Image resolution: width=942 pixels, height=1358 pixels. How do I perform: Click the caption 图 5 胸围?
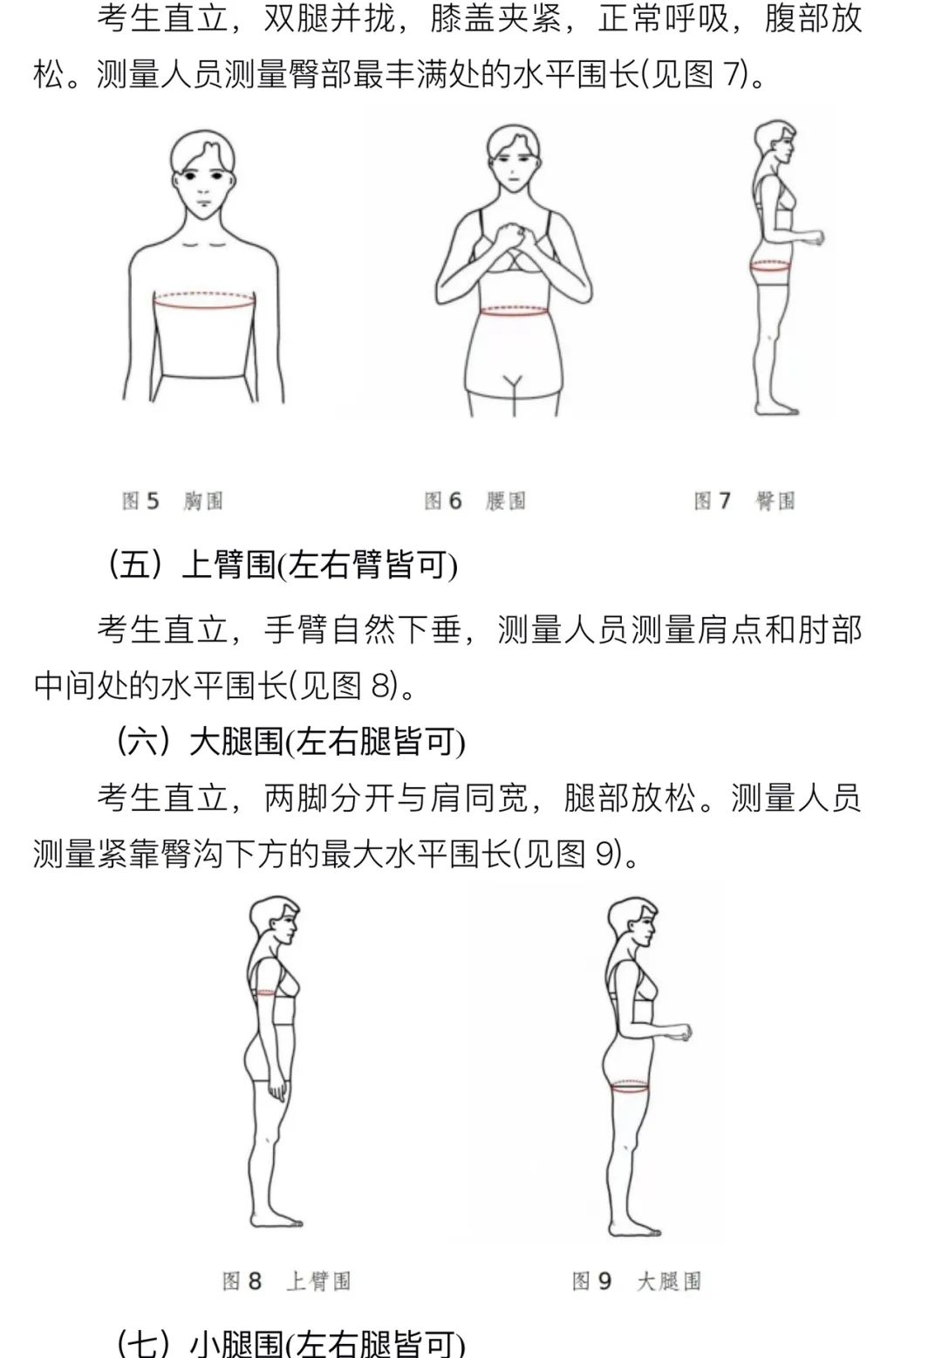[173, 501]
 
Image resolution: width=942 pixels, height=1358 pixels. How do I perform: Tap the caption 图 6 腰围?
[475, 501]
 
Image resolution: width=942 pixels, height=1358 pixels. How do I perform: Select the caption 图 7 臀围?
[744, 501]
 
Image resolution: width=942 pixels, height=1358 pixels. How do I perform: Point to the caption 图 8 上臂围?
[286, 1281]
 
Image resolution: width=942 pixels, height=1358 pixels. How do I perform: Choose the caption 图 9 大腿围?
[637, 1281]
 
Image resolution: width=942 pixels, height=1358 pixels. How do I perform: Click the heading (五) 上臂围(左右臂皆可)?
[283, 566]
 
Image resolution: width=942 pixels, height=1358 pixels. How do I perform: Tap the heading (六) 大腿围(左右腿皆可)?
[291, 742]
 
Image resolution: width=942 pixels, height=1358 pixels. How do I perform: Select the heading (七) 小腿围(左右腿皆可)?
[291, 1342]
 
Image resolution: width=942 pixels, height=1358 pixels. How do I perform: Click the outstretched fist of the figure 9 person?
[684, 1032]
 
